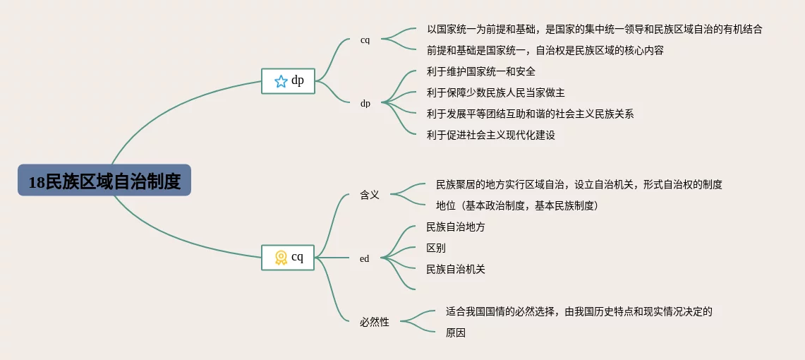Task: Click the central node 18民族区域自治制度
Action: pyautogui.click(x=104, y=181)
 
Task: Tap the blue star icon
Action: pyautogui.click(x=281, y=81)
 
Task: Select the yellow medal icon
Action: pyautogui.click(x=281, y=258)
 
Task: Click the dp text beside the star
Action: pyautogui.click(x=298, y=80)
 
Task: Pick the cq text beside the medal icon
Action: pyautogui.click(x=298, y=257)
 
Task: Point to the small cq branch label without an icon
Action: pyautogui.click(x=365, y=40)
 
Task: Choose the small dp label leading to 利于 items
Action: pyautogui.click(x=365, y=103)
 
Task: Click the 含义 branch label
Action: pyautogui.click(x=370, y=195)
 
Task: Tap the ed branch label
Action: pyautogui.click(x=365, y=258)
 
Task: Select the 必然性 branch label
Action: pyautogui.click(x=375, y=322)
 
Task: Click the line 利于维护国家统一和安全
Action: pyautogui.click(x=481, y=71)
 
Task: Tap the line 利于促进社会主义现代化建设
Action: pyautogui.click(x=491, y=135)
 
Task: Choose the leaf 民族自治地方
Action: pyautogui.click(x=456, y=227)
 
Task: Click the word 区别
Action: pyautogui.click(x=436, y=248)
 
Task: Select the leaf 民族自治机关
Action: pyautogui.click(x=456, y=269)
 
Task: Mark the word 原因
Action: pyautogui.click(x=456, y=332)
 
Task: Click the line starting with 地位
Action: pyautogui.click(x=517, y=205)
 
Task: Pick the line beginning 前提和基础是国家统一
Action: pyautogui.click(x=545, y=50)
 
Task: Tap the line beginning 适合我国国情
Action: pyautogui.click(x=579, y=311)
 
